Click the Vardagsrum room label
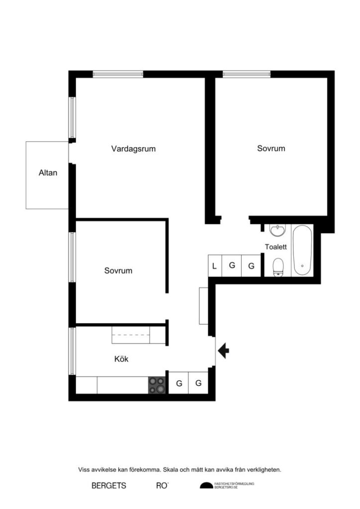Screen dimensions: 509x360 pyautogui.click(x=134, y=149)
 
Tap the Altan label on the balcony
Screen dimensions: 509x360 pyautogui.click(x=48, y=173)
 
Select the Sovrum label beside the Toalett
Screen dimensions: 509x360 pyautogui.click(x=271, y=148)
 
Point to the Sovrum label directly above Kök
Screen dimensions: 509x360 pyautogui.click(x=118, y=271)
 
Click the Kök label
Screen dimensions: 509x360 pyautogui.click(x=121, y=359)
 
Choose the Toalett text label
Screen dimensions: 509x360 pyautogui.click(x=276, y=247)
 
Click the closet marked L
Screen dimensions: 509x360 pyautogui.click(x=214, y=266)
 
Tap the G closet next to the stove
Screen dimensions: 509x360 pyautogui.click(x=179, y=383)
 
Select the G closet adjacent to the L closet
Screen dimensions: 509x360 pyautogui.click(x=232, y=266)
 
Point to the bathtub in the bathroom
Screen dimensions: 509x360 pyautogui.click(x=302, y=251)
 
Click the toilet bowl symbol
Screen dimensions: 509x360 pyautogui.click(x=278, y=266)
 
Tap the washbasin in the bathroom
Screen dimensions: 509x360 pyautogui.click(x=277, y=230)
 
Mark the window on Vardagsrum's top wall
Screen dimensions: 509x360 pyautogui.click(x=118, y=74)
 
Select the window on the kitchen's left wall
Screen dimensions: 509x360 pyautogui.click(x=72, y=351)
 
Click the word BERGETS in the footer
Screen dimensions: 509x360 pyautogui.click(x=109, y=486)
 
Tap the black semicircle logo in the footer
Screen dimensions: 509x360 pyautogui.click(x=206, y=486)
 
